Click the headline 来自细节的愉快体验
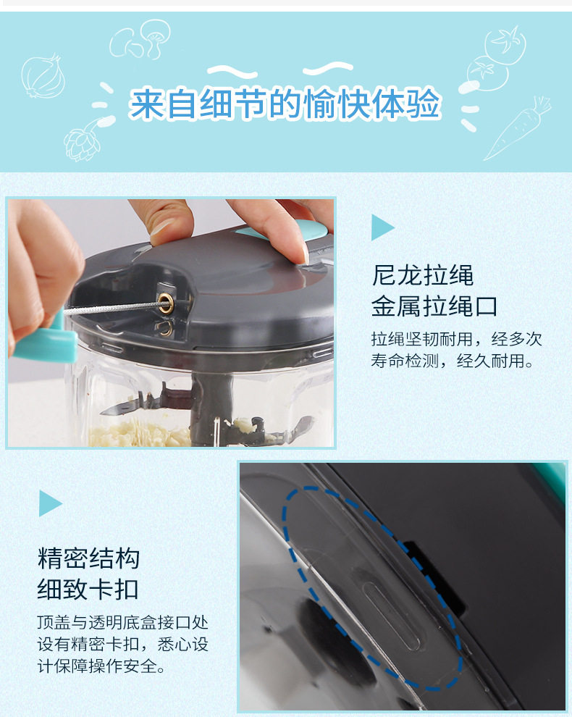pyautogui.click(x=285, y=104)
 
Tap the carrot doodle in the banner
pyautogui.click(x=518, y=128)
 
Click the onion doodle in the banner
pyautogui.click(x=43, y=75)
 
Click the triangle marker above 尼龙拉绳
pyautogui.click(x=382, y=227)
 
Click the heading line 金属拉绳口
pyautogui.click(x=434, y=306)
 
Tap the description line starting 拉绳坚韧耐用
pyautogui.click(x=456, y=339)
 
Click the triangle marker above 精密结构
pyautogui.click(x=50, y=503)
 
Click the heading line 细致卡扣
pyautogui.click(x=88, y=589)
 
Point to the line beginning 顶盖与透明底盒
pyautogui.click(x=122, y=622)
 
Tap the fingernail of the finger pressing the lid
pyautogui.click(x=305, y=253)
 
